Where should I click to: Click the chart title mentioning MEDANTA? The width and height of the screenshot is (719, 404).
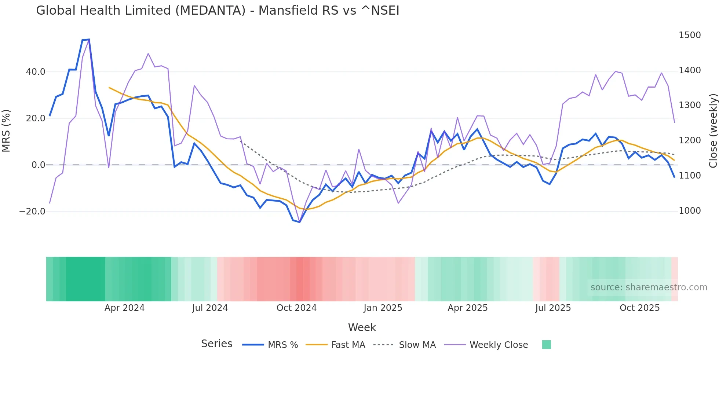(x=218, y=11)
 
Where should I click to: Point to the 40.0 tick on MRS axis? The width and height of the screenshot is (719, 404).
(x=36, y=72)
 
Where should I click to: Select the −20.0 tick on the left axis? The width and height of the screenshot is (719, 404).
(x=32, y=212)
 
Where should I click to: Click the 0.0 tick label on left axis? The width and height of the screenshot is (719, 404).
(x=39, y=165)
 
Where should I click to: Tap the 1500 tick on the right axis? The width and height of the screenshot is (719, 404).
(x=690, y=35)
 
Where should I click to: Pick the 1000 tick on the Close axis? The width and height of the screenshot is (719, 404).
(x=690, y=211)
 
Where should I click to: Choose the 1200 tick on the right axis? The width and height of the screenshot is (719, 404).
(x=690, y=140)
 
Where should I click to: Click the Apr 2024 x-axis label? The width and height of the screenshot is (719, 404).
(x=124, y=308)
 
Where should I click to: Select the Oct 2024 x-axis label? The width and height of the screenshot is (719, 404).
(x=296, y=308)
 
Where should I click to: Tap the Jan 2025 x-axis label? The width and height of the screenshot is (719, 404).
(x=383, y=308)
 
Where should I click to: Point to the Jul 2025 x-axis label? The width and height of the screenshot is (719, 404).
(x=553, y=308)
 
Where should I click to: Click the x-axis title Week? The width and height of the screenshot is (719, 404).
(x=362, y=327)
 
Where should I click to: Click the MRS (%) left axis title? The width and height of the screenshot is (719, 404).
(x=6, y=131)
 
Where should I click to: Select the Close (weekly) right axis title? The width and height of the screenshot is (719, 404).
(x=713, y=131)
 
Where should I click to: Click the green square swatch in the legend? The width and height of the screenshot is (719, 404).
(x=546, y=345)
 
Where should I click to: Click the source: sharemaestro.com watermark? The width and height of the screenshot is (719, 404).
(x=649, y=287)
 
